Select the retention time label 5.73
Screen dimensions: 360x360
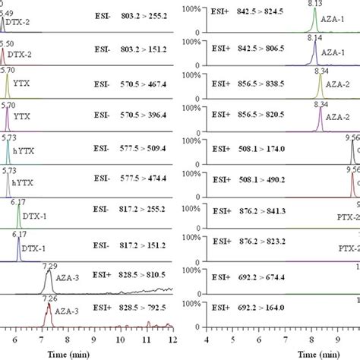tap(8, 137)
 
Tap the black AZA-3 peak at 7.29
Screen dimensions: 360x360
tap(49, 282)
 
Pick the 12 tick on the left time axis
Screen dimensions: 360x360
tap(172, 342)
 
